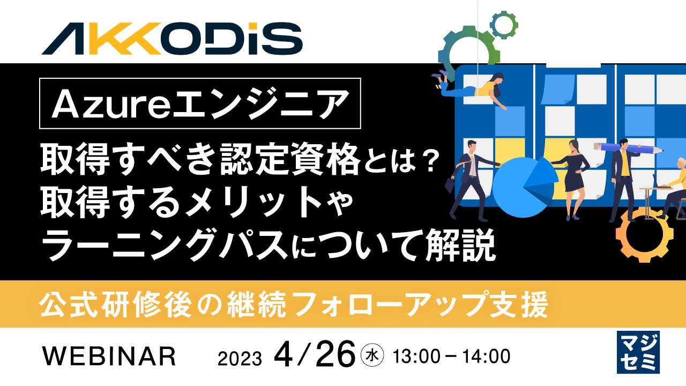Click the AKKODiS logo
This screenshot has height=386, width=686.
(172, 39)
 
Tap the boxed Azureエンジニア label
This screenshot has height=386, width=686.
(200, 103)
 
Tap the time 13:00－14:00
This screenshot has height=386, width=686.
(451, 355)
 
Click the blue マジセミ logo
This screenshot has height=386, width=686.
(638, 352)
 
